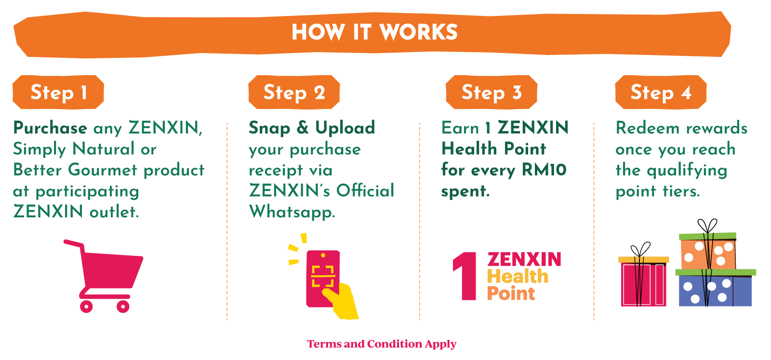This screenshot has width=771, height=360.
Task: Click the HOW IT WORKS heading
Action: tap(374, 32)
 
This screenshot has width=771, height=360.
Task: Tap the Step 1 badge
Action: tap(58, 92)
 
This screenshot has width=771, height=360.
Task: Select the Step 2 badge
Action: tap(294, 92)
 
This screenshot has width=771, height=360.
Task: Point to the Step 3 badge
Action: tap(492, 92)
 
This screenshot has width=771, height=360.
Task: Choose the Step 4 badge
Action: tap(661, 92)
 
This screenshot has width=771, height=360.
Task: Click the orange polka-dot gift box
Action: tap(708, 253)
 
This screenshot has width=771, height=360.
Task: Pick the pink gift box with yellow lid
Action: tap(644, 282)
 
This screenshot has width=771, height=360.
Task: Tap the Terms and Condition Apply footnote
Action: tap(382, 344)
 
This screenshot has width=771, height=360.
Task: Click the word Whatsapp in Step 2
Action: tap(292, 212)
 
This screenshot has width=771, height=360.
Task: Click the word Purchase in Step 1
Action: tap(50, 128)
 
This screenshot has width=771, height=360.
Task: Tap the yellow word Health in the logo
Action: tap(518, 277)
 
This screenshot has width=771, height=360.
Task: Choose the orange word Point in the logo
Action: tap(511, 293)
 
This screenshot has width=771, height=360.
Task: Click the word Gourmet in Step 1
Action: tap(103, 170)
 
